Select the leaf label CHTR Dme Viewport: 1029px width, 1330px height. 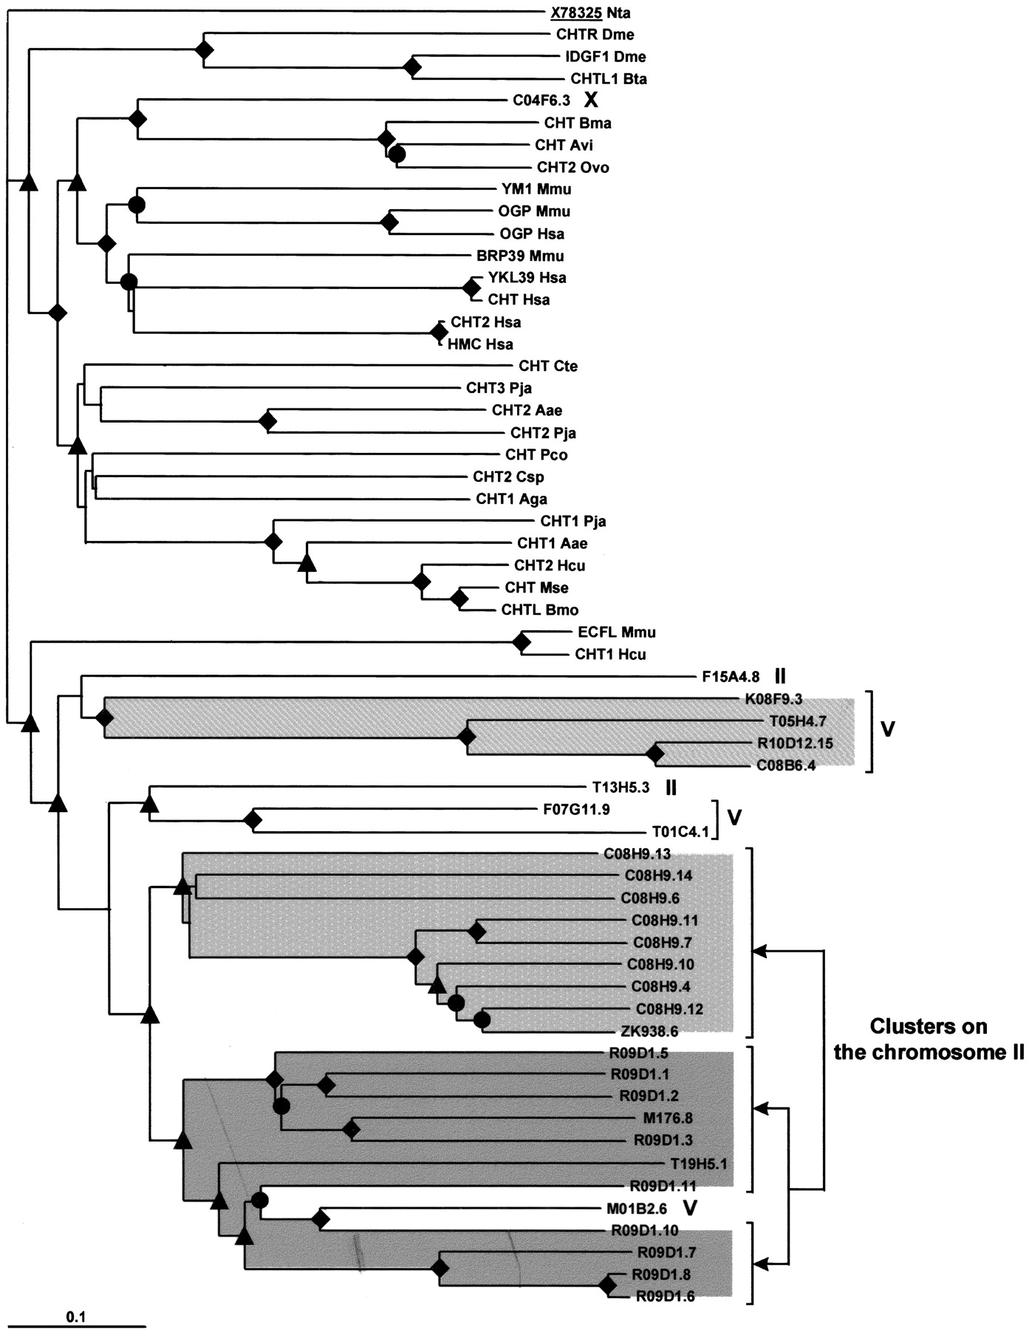pos(595,35)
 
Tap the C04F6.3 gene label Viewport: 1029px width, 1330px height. pos(541,100)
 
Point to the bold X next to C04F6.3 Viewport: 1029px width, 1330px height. pos(591,100)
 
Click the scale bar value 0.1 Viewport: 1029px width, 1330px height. pos(76,1316)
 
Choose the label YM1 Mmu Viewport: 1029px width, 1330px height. pos(536,189)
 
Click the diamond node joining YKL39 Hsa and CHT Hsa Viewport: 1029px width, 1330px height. pos(471,287)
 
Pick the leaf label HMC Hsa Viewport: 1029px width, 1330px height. pos(480,344)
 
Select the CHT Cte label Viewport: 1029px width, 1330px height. pos(548,366)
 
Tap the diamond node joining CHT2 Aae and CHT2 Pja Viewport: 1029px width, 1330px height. pos(267,421)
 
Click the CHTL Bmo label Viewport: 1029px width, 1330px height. pos(540,610)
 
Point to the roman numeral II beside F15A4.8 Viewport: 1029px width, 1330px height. pos(781,676)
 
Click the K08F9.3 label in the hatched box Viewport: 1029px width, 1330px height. pos(773,699)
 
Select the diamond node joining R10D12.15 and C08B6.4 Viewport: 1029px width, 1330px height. pos(654,754)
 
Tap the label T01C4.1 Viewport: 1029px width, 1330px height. pos(680,832)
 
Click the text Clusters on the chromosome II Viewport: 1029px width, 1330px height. pos(929,1039)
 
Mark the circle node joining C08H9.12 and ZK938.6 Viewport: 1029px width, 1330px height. pos(482,1020)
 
